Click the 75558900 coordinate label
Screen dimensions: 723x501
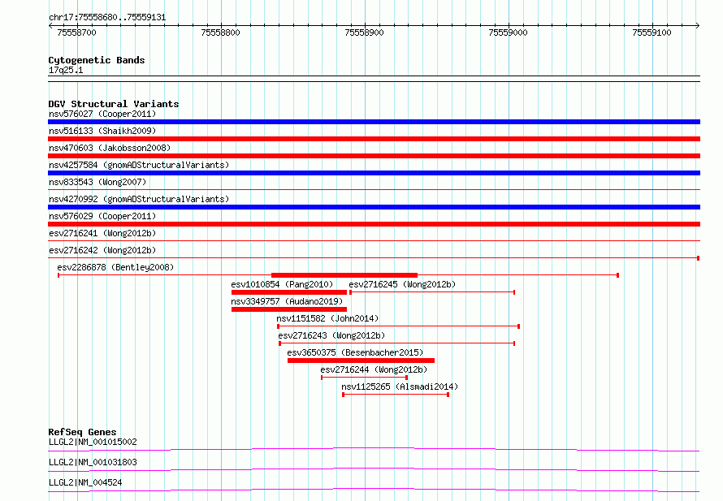point(364,32)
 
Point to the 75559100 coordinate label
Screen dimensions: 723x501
point(652,32)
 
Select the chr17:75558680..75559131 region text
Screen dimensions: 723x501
point(107,18)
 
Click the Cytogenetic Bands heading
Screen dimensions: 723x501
point(97,60)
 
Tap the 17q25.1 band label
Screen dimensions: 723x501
point(66,70)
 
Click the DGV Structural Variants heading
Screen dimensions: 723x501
point(114,104)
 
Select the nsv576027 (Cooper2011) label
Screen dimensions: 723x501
point(102,114)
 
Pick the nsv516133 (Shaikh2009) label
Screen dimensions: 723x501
point(102,131)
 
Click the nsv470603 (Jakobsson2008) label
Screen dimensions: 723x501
point(110,148)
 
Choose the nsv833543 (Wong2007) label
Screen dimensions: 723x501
point(97,182)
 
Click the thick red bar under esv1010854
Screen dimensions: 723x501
point(289,292)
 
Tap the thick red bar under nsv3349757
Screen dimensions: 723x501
point(289,309)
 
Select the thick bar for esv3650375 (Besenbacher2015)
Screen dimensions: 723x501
point(361,361)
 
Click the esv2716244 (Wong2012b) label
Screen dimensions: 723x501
point(374,369)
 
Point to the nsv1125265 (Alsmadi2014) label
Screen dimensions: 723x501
point(400,387)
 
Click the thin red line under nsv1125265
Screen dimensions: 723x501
point(396,395)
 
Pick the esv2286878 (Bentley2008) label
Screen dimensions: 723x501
point(115,267)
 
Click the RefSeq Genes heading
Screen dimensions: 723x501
point(82,432)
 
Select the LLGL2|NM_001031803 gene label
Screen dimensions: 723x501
point(93,462)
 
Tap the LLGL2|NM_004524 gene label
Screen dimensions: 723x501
point(85,482)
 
